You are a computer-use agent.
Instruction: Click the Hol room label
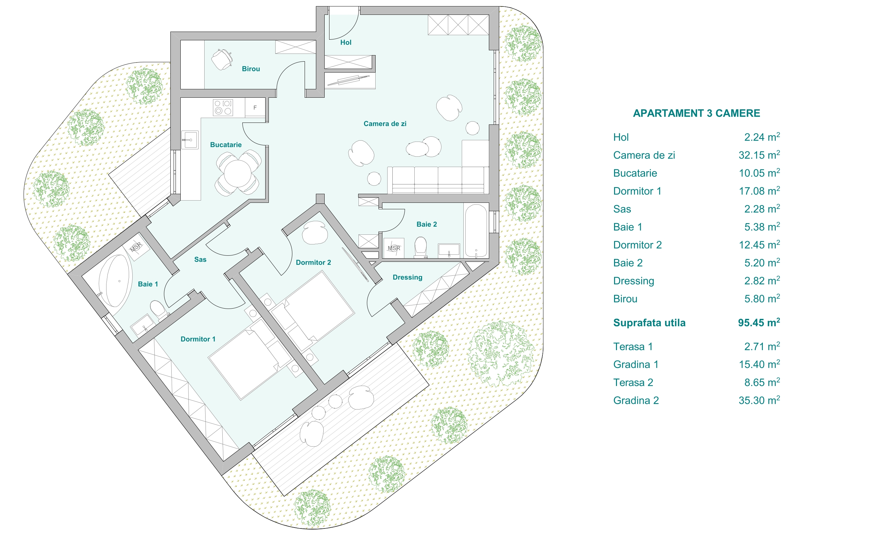[x=346, y=42]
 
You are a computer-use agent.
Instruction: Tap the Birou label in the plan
[x=251, y=69]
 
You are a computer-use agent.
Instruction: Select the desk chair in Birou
[x=221, y=59]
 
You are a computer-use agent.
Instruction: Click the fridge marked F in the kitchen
[x=255, y=107]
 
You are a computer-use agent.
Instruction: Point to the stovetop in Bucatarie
[x=223, y=107]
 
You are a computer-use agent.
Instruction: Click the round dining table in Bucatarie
[x=237, y=173]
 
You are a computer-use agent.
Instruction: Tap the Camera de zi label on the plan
[x=385, y=124]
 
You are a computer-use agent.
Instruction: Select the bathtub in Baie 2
[x=476, y=231]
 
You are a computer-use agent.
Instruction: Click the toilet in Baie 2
[x=420, y=246]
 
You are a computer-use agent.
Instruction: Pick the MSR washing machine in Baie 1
[x=136, y=247]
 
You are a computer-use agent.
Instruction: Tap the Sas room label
[x=200, y=260]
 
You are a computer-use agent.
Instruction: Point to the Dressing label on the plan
[x=407, y=277]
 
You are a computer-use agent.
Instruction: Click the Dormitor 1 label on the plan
[x=198, y=339]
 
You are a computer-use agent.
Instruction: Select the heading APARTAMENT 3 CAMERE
[x=696, y=113]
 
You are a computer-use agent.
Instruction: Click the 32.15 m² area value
[x=759, y=155]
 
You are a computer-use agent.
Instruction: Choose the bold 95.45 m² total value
[x=759, y=322]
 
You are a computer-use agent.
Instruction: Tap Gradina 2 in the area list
[x=636, y=400]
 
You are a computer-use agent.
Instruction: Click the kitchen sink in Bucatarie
[x=190, y=140]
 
